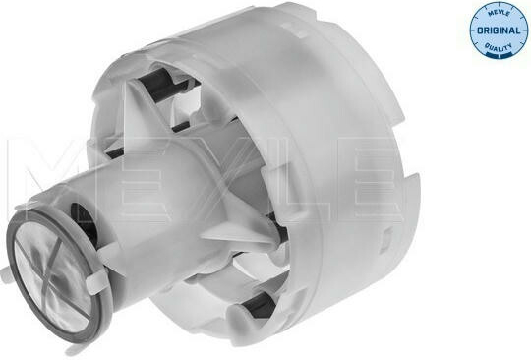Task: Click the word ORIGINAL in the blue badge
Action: tap(499, 30)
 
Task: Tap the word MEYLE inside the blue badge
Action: tap(499, 14)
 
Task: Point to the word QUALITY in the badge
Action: tap(499, 47)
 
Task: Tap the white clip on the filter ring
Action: tap(95, 282)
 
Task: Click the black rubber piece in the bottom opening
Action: tap(259, 305)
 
